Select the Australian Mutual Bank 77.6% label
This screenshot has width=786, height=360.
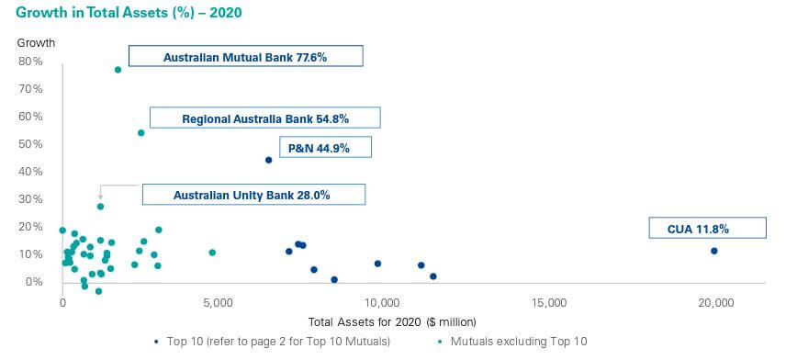coord(246,56)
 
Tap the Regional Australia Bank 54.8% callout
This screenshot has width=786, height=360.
coord(265,118)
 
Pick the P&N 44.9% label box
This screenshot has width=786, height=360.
coord(325,148)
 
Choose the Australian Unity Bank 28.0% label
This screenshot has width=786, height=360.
coord(253,195)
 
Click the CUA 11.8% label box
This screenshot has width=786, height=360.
coord(707,228)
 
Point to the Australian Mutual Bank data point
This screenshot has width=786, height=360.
coord(118,70)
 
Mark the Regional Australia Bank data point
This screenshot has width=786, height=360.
coord(140,133)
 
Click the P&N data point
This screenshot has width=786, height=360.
coord(268,160)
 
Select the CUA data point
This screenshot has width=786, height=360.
coord(713,251)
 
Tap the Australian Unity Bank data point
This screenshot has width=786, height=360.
coord(100,207)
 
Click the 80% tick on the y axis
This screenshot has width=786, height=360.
coord(30,62)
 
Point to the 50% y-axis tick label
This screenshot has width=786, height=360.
coord(30,144)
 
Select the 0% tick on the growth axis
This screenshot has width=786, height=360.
coord(34,282)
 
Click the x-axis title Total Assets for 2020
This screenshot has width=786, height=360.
coord(392,321)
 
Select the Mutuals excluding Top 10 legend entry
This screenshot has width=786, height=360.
coord(513,342)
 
